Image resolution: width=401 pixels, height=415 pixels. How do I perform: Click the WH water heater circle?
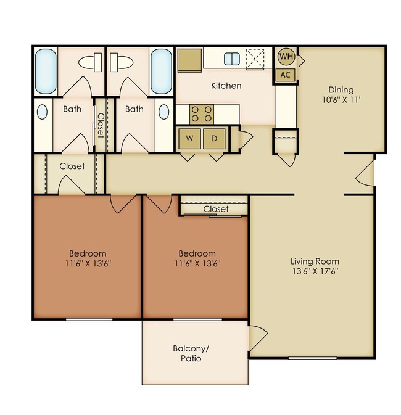click(286, 57)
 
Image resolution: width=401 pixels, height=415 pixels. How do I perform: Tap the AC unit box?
click(285, 75)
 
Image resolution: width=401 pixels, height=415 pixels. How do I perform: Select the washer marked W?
click(189, 139)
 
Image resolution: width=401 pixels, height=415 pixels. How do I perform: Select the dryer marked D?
click(214, 139)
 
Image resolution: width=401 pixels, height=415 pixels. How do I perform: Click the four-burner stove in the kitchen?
click(200, 113)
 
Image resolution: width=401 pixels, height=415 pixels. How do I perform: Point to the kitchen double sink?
click(231, 59)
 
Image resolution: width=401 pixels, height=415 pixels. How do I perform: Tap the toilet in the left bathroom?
click(93, 62)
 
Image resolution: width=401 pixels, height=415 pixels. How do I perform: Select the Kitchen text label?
click(226, 86)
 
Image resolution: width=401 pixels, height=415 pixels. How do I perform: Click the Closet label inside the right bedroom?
click(215, 209)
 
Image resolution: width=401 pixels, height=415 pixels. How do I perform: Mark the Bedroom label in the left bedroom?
click(87, 253)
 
